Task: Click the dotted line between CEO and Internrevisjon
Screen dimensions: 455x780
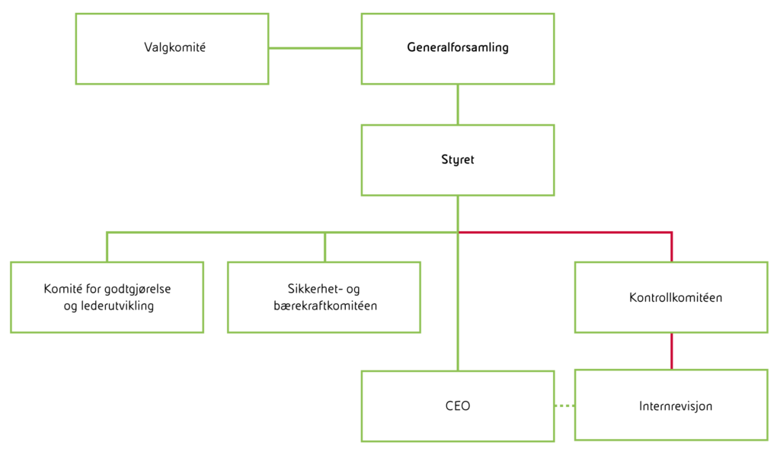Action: click(x=564, y=405)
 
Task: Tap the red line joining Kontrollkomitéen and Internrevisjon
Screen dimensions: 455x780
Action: click(x=671, y=351)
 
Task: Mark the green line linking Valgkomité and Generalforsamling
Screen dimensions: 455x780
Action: click(x=315, y=49)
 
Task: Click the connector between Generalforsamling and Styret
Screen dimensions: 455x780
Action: click(x=458, y=104)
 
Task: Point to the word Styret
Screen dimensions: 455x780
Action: click(x=457, y=161)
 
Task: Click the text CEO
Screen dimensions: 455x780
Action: click(x=457, y=406)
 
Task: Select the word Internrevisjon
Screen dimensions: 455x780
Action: click(x=676, y=406)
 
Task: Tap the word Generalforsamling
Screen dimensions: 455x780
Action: click(x=457, y=48)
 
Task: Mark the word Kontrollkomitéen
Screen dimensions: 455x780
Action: click(x=676, y=298)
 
